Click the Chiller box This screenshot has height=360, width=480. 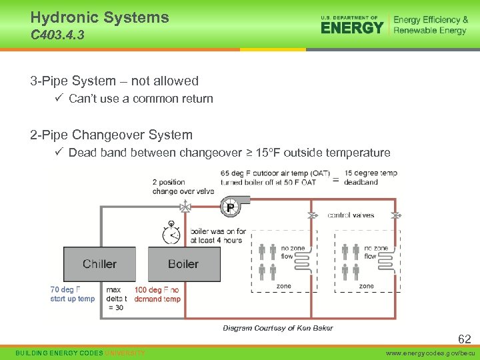(99, 264)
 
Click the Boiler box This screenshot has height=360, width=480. (183, 264)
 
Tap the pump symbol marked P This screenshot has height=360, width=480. (230, 207)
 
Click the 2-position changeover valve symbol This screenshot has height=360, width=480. (186, 207)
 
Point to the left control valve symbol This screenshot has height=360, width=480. (311, 215)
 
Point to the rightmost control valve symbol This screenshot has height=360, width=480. (395, 215)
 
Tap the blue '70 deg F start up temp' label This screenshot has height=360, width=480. (72, 294)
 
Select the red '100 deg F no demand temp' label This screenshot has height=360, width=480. (157, 294)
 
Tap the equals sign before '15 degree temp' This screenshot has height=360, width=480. (335, 179)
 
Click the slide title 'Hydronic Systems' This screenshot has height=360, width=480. (99, 17)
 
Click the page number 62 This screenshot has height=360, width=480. (464, 339)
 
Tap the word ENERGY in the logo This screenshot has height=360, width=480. (352, 28)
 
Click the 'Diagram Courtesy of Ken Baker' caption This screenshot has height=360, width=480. (277, 327)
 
